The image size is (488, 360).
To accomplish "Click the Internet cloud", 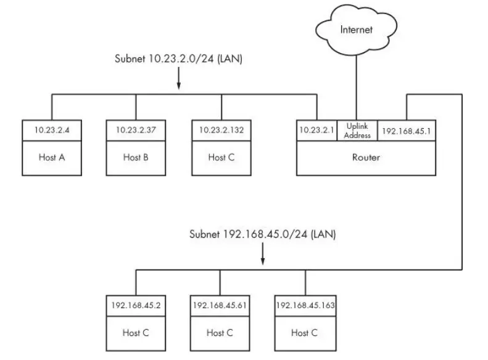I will tap(355, 30).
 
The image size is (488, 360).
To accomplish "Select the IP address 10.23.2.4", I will tap(52, 130).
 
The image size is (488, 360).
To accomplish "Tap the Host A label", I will tap(52, 157).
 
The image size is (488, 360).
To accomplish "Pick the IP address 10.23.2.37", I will tap(136, 130).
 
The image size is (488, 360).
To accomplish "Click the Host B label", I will tap(136, 157).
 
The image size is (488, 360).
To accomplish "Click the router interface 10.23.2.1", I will tap(317, 130).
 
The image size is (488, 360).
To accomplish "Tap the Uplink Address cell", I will tap(357, 131).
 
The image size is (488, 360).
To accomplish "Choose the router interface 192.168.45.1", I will tap(406, 130).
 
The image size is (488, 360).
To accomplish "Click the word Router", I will tap(366, 157).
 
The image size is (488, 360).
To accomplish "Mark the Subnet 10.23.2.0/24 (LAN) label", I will tap(178, 59).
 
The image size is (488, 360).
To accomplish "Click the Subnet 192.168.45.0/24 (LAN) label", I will tap(263, 234).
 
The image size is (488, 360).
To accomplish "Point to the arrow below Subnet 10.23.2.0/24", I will tap(179, 80).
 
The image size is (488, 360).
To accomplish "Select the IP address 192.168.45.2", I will tap(136, 305).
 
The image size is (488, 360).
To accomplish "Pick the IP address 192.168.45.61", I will tap(220, 305).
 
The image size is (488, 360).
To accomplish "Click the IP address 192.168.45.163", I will tap(305, 305).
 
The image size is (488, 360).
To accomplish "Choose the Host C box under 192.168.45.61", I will tap(220, 332).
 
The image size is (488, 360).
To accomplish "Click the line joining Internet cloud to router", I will tap(354, 86).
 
